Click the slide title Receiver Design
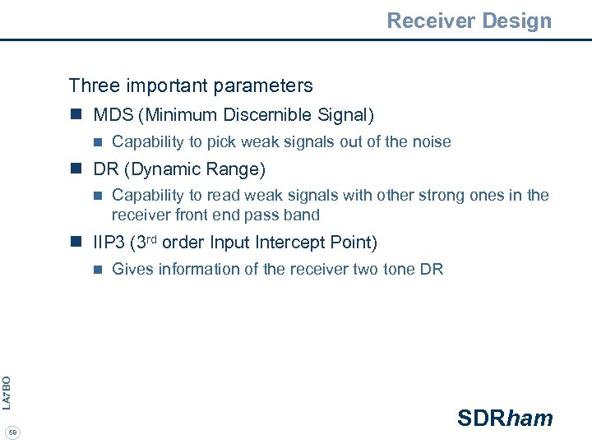469,21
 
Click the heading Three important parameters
191,86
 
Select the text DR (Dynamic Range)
179,169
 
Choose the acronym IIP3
109,243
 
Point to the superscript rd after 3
150,238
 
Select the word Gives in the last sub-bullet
131,269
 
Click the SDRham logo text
505,418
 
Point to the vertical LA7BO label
7,392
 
